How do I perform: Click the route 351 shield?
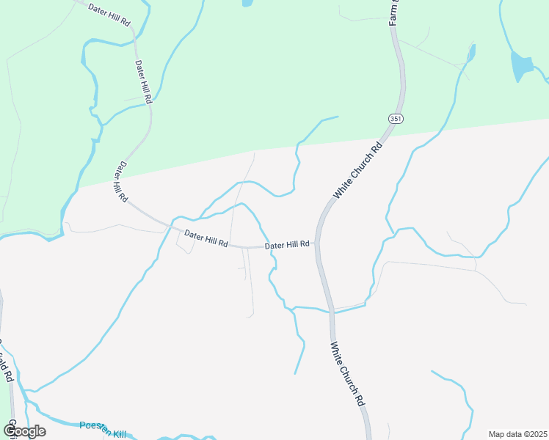click(396, 119)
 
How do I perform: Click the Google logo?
click(24, 430)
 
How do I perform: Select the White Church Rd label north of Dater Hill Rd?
click(359, 169)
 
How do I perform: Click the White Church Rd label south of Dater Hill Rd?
click(347, 375)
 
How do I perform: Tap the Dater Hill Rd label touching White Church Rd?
click(287, 246)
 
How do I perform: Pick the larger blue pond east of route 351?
click(521, 66)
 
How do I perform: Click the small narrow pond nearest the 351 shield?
click(470, 53)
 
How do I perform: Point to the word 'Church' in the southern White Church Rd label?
click(346, 374)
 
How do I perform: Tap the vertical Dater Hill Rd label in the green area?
click(143, 81)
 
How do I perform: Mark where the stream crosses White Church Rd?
click(332, 311)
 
